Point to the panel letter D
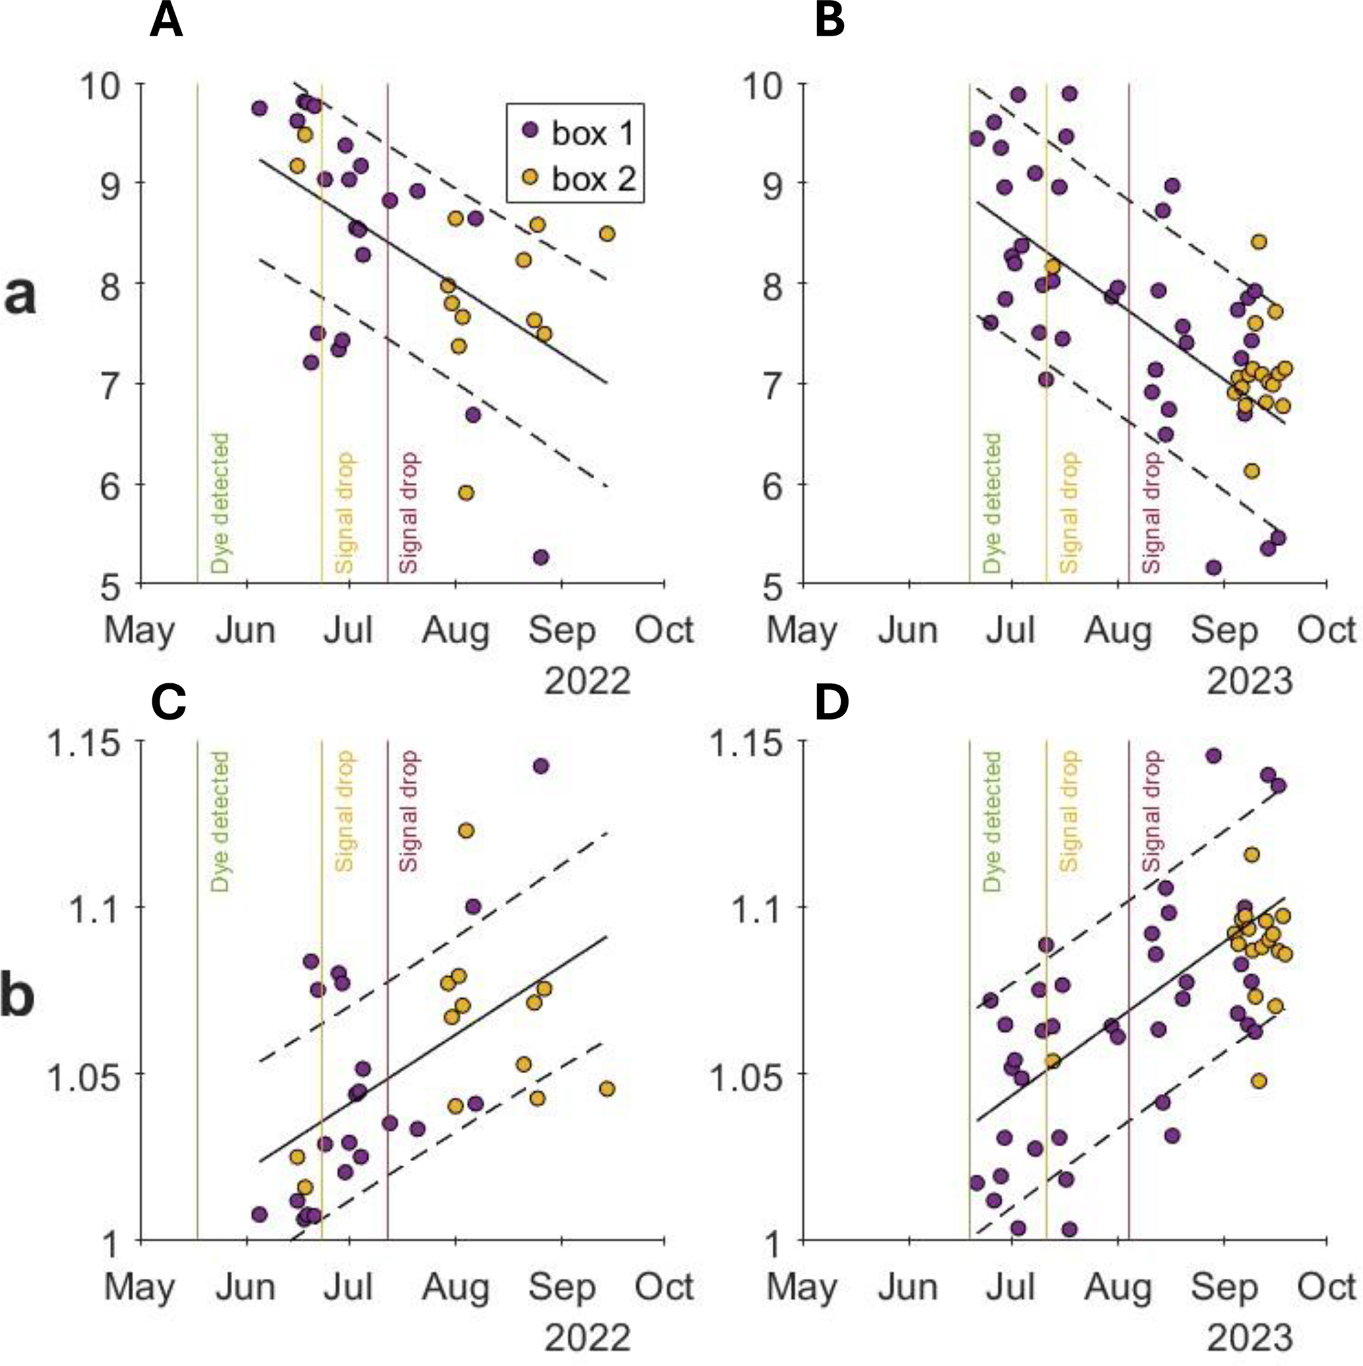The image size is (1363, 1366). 832,704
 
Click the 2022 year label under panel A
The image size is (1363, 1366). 587,681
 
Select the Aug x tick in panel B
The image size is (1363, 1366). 1118,630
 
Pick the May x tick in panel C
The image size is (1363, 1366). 140,1288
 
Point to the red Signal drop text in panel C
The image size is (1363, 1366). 409,812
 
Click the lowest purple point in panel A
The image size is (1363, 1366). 541,557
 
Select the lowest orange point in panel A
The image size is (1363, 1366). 465,493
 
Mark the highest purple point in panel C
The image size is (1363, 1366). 541,766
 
